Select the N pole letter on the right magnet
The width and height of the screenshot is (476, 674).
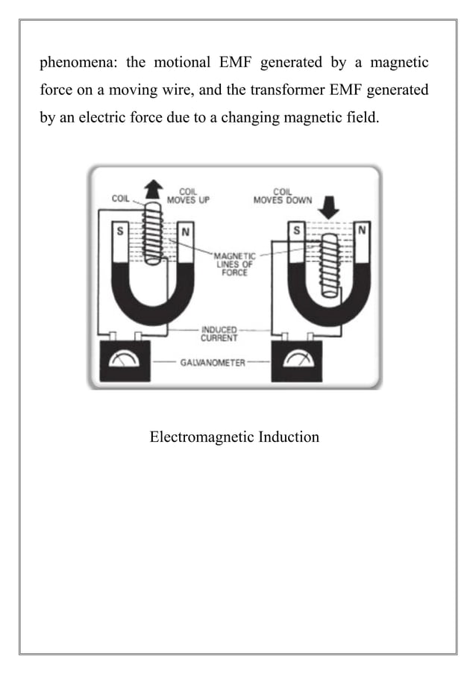pos(362,231)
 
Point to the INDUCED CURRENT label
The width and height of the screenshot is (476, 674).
pos(219,333)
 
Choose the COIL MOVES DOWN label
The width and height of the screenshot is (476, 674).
pos(284,196)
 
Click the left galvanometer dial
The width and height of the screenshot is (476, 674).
pos(122,361)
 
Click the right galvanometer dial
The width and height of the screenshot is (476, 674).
pos(297,360)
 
